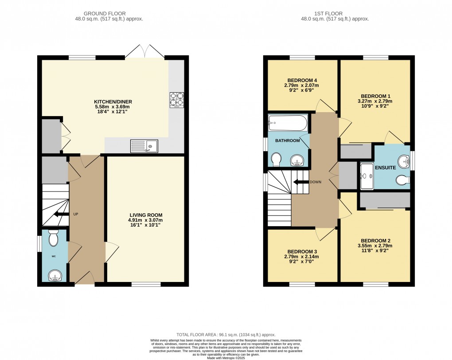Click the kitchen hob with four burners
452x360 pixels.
point(177,100)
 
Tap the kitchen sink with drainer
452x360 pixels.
point(144,146)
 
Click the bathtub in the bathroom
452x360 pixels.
point(287,123)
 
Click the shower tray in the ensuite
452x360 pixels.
point(367,176)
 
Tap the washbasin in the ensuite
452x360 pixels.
point(404,161)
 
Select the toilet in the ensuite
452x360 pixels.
point(403,180)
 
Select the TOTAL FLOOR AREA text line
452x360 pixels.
point(226,335)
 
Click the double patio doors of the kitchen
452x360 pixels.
point(145,51)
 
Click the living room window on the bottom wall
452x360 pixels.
point(146,284)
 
